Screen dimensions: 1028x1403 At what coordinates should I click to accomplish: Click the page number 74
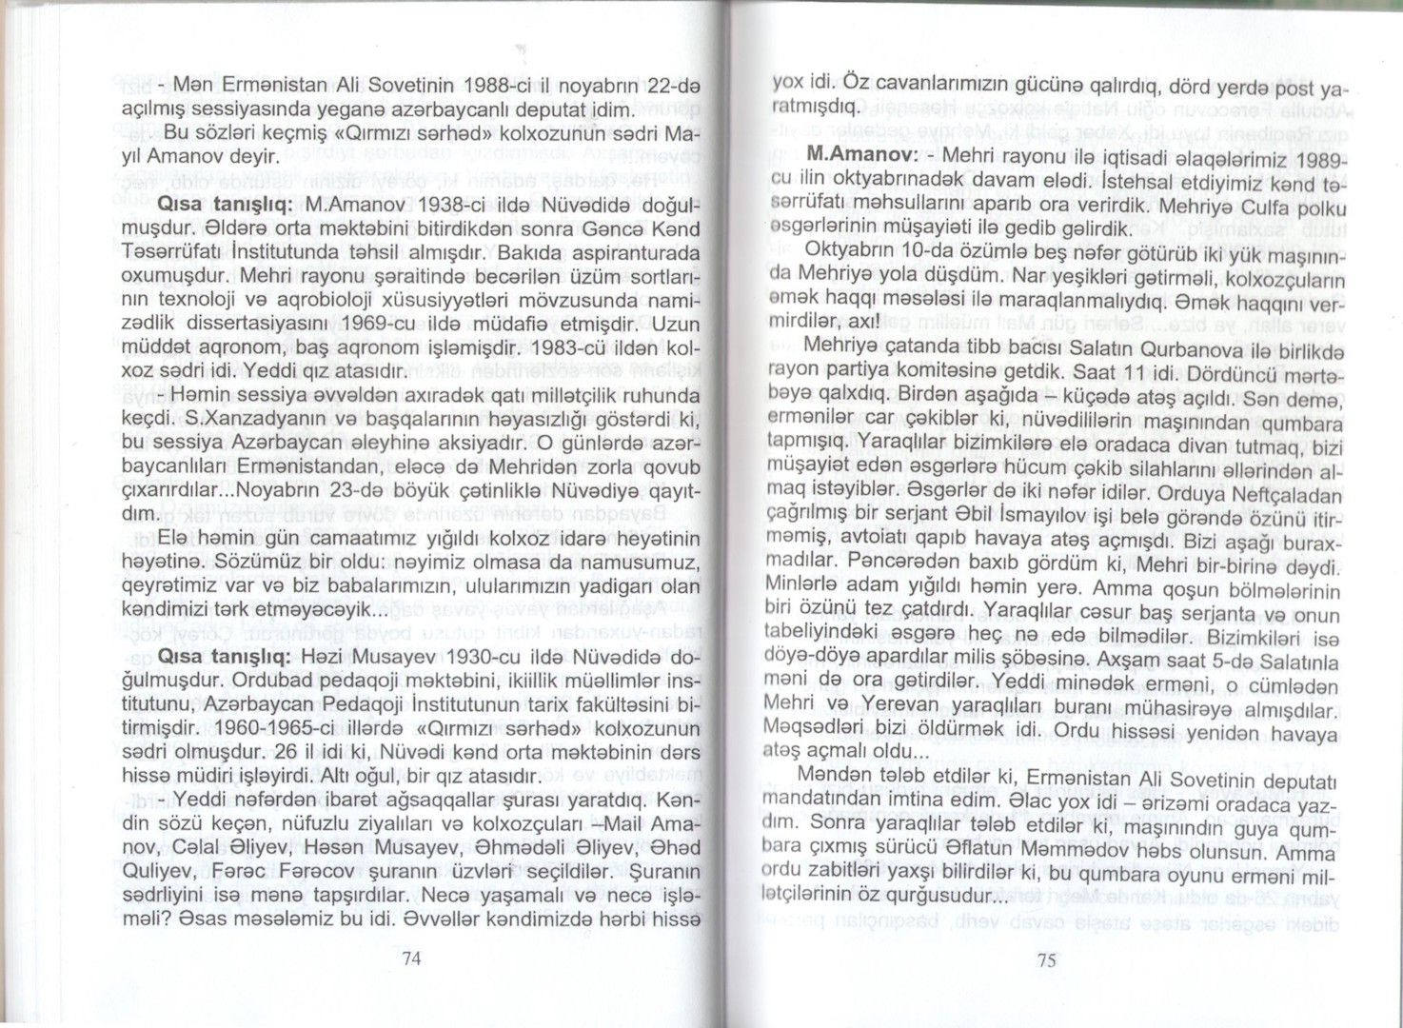tap(412, 959)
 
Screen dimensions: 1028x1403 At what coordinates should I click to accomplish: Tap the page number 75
tap(1046, 960)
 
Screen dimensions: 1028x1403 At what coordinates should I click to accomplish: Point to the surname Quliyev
tap(160, 871)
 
